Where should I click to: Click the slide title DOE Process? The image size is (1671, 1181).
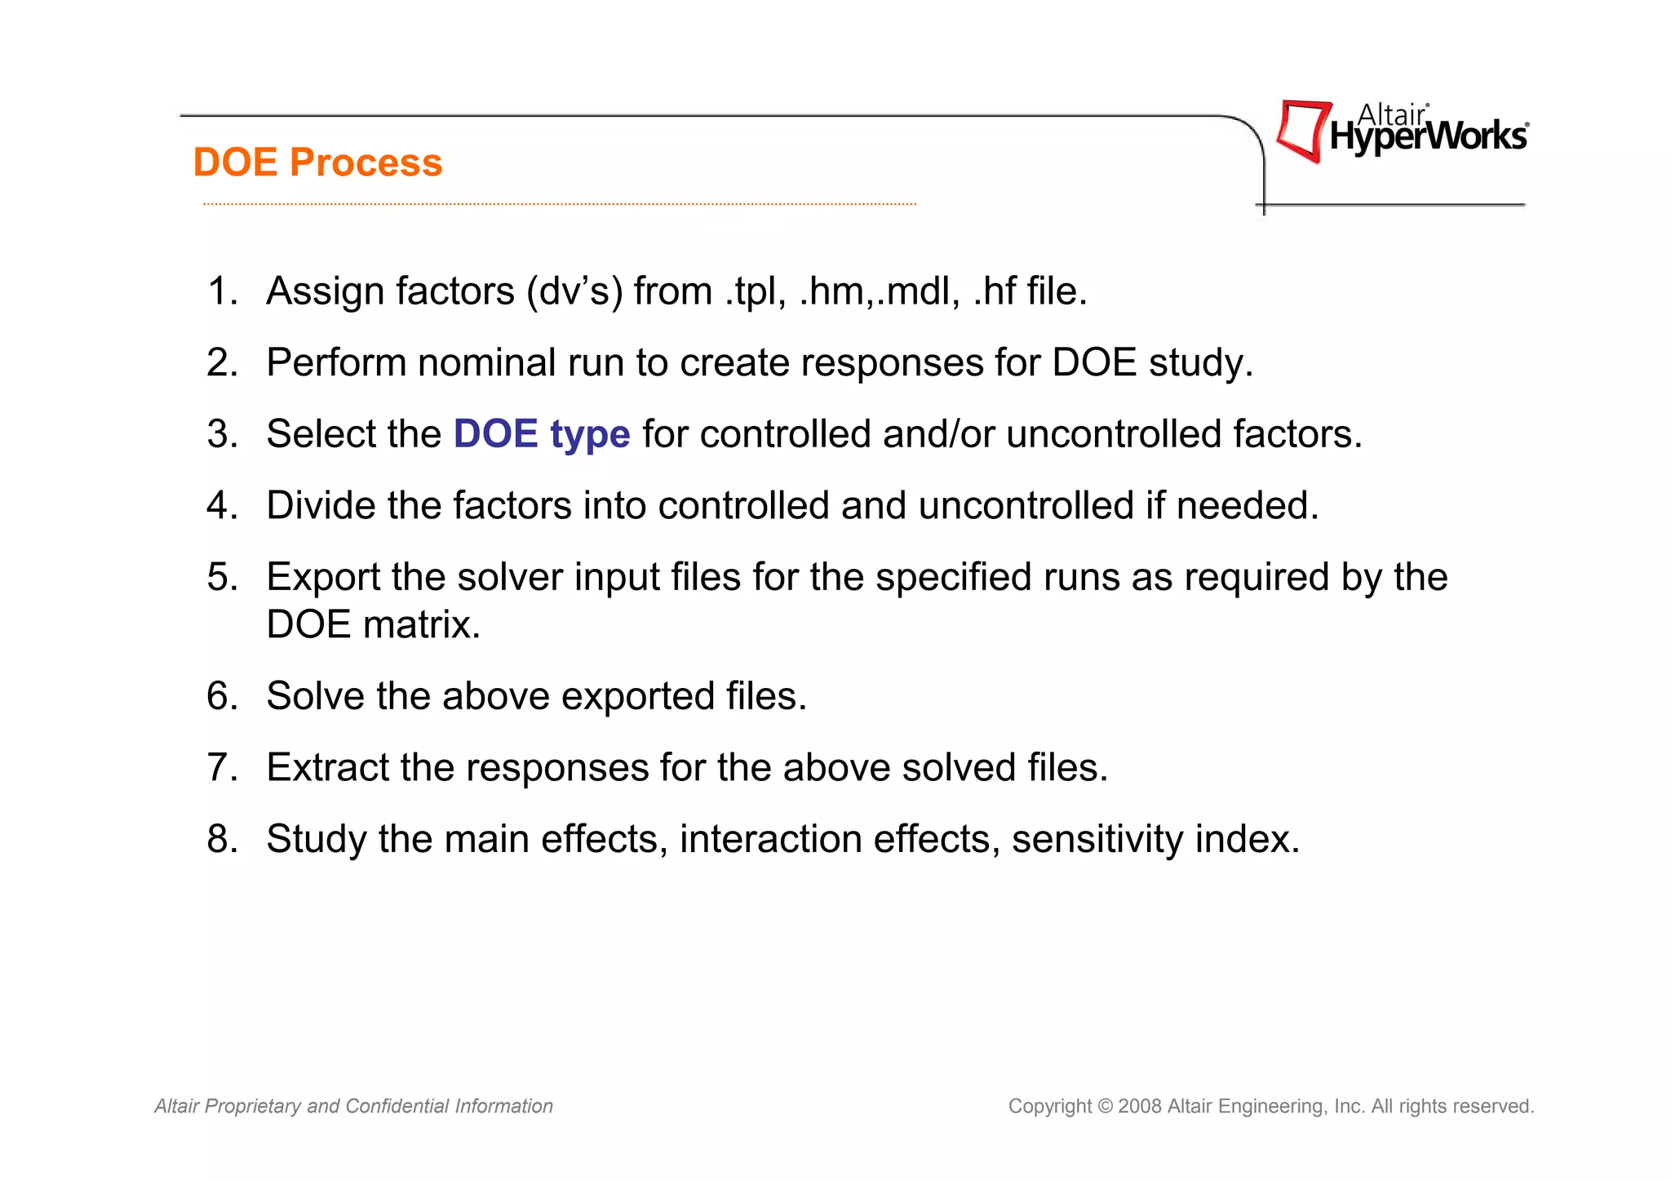point(317,162)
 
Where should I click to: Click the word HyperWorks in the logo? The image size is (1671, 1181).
point(1428,137)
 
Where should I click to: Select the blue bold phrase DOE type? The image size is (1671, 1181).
point(542,433)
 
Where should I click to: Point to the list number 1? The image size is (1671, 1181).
point(221,291)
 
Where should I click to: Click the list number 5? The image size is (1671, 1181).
point(221,577)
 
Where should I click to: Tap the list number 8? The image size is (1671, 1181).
point(221,839)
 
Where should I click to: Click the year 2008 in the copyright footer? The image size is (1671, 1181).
point(1140,1106)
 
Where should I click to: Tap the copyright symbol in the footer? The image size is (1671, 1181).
point(1105,1106)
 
